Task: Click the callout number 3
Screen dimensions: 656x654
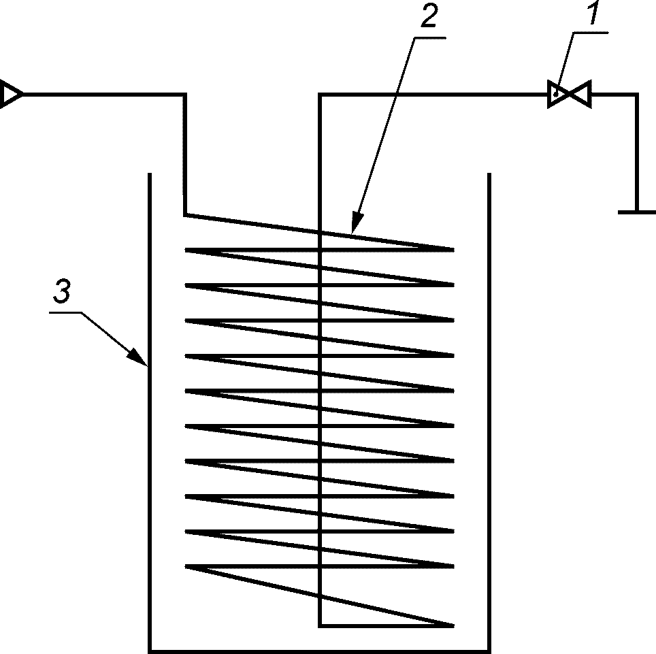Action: coord(63,291)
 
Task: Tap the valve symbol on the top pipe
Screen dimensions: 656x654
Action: coord(570,95)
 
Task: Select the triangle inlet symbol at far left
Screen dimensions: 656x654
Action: coord(10,95)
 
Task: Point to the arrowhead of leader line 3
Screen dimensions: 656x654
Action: coord(137,357)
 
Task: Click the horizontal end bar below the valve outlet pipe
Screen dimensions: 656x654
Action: coord(637,212)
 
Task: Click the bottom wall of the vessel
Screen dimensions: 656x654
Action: coord(319,651)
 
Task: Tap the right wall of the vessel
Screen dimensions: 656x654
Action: coord(489,412)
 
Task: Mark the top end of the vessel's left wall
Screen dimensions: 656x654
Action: coord(149,174)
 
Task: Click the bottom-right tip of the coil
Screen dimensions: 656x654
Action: coord(453,626)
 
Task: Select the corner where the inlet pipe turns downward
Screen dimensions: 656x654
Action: coord(184,95)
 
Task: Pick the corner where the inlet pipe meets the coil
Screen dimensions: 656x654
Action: coord(185,215)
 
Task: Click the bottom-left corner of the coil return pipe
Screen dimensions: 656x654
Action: coord(320,626)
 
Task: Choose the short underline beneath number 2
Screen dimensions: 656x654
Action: coord(429,38)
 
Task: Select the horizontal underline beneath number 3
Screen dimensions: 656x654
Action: coord(65,312)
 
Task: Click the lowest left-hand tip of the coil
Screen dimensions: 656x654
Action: coord(186,567)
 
